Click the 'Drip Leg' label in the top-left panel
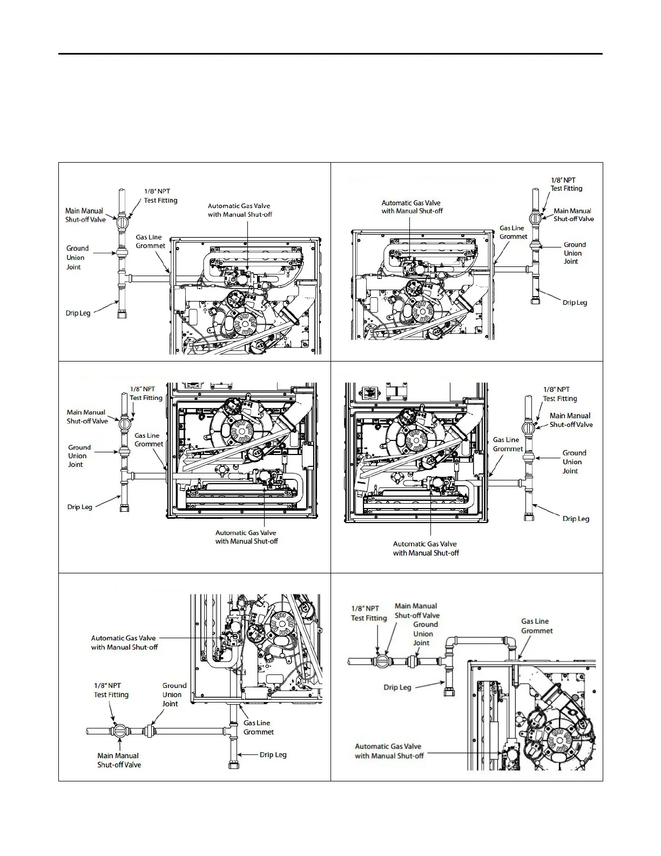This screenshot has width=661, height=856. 78,313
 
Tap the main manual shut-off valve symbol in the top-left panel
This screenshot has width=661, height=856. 122,222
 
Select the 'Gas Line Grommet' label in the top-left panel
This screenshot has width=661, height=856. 150,242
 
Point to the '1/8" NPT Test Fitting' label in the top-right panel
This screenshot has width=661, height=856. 566,184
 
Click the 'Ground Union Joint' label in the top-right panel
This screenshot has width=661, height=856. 574,253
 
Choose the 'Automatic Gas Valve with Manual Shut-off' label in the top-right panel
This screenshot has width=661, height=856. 412,207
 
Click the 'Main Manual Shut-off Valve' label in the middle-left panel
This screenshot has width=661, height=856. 87,417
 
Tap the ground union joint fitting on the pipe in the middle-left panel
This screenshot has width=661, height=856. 124,452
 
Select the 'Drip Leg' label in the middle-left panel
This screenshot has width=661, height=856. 79,507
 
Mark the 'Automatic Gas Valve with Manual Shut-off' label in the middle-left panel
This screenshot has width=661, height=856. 246,537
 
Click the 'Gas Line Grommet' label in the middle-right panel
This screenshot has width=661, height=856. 508,444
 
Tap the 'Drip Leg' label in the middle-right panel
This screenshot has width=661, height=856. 576,519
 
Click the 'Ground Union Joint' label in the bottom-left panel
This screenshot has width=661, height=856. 173,694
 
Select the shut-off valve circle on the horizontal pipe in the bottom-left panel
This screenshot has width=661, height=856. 120,731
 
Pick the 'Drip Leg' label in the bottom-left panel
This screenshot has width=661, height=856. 273,755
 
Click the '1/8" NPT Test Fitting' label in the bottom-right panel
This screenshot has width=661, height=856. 369,613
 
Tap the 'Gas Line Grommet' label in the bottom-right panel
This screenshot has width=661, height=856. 536,626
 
